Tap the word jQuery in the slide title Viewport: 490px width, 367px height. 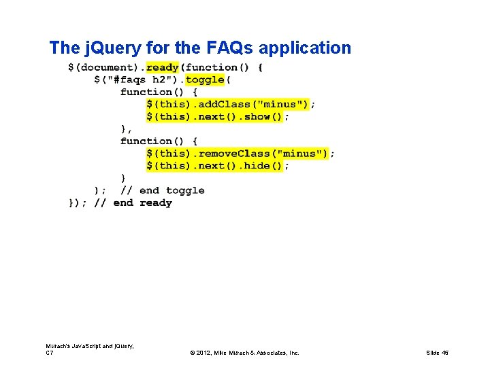tap(112, 48)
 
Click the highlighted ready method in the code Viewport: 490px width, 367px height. tap(162, 67)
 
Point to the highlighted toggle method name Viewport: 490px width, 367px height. tap(204, 80)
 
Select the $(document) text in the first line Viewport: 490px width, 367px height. tap(104, 67)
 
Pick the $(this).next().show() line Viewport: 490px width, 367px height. tap(215, 116)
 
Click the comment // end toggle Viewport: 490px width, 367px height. tap(163, 190)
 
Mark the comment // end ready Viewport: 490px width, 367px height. tap(133, 203)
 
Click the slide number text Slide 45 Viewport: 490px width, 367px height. tap(437, 353)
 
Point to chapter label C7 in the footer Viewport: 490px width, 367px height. tap(50, 353)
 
